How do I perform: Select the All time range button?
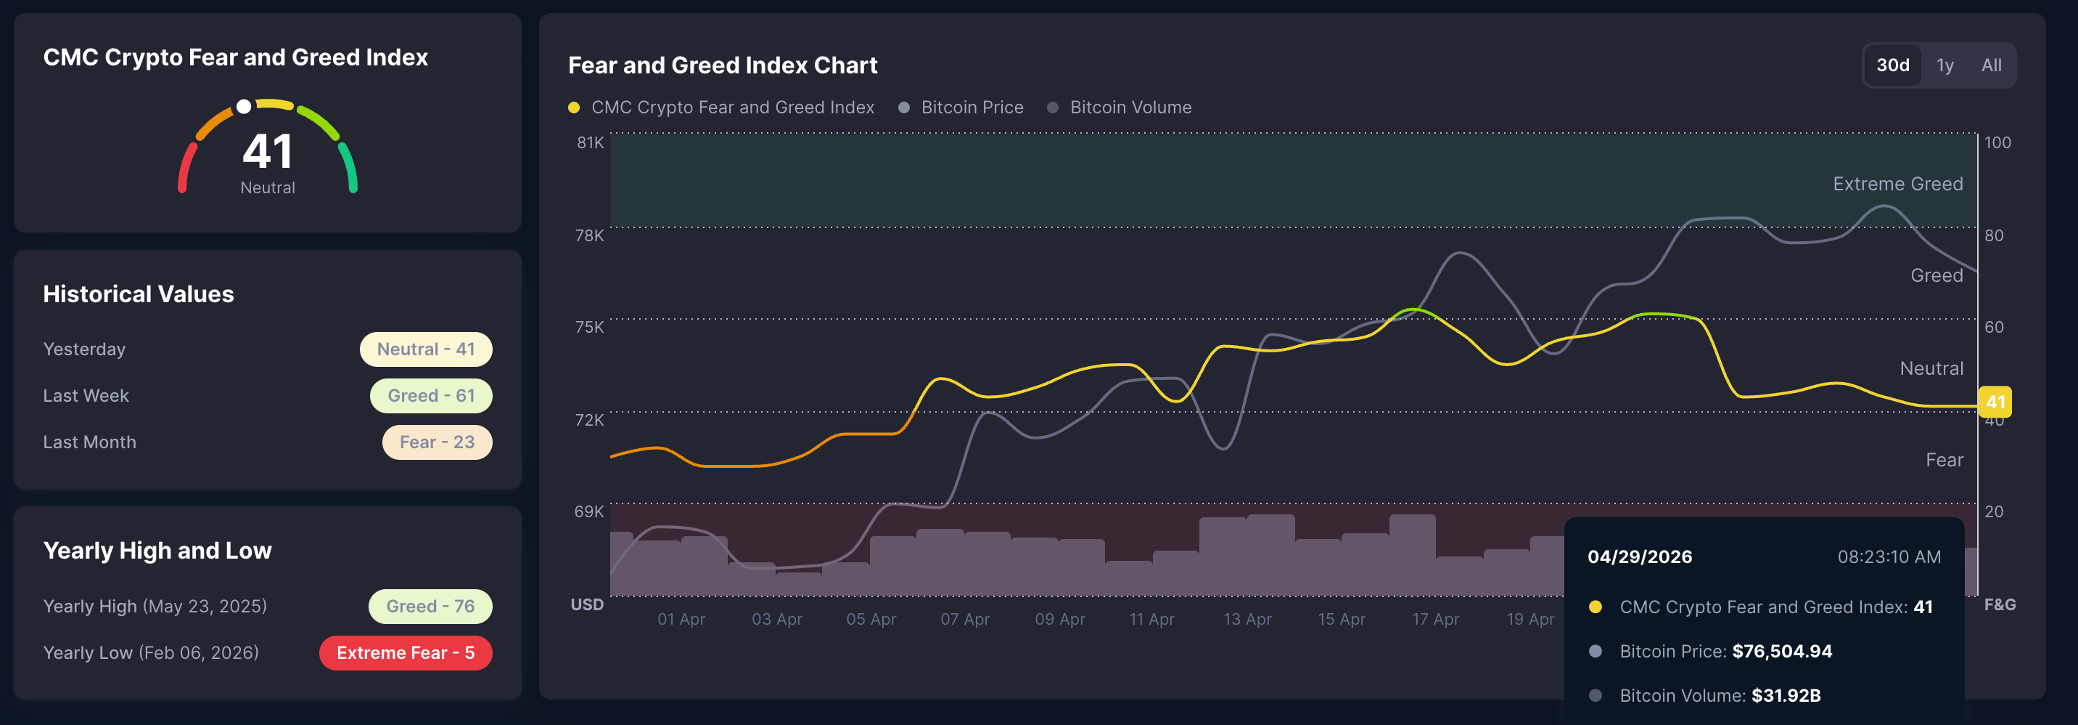[1991, 65]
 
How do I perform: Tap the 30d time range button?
[1892, 65]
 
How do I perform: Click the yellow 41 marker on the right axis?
[1995, 402]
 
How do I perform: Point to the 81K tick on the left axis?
[590, 143]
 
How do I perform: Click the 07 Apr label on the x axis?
[964, 619]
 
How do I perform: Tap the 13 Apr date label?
[1247, 619]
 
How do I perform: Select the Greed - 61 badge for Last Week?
[431, 396]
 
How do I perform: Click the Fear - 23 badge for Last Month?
[436, 442]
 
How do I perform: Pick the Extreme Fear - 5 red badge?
[405, 653]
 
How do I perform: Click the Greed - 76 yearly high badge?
[430, 607]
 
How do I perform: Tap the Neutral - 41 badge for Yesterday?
[425, 349]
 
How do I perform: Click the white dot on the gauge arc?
[244, 107]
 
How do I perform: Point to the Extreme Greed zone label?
[1897, 184]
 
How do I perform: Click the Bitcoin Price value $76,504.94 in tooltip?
[1781, 652]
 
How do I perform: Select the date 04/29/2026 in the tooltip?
[1639, 557]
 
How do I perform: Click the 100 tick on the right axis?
[1997, 143]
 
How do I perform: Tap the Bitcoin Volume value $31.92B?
[1785, 696]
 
